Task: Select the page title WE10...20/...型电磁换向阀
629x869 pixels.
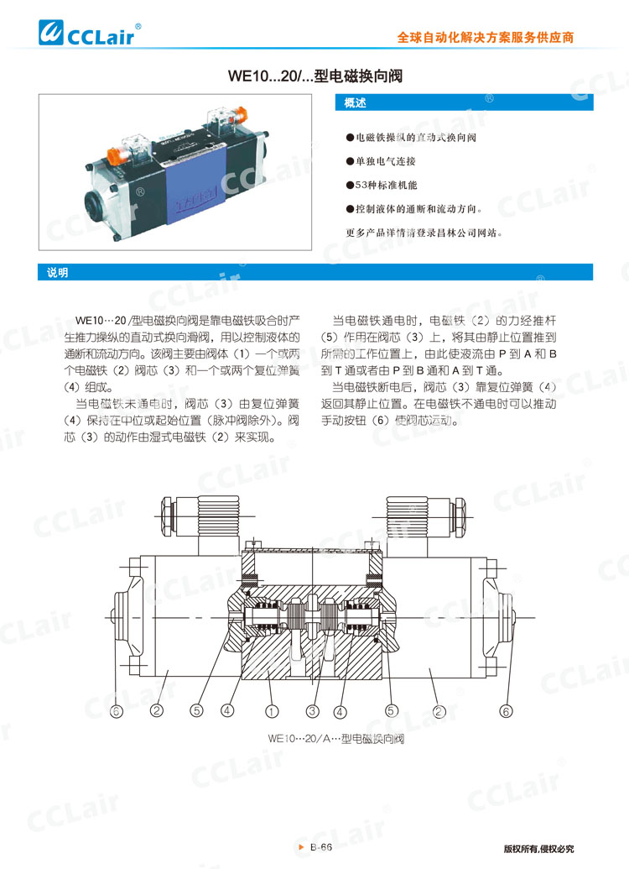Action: coord(314,76)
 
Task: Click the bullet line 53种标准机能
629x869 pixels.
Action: coord(386,184)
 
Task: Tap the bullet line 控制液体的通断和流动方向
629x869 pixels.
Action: coord(415,208)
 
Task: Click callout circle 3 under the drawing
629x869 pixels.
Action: coord(313,711)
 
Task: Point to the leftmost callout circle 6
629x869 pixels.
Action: coord(116,710)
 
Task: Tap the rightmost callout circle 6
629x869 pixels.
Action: coord(506,710)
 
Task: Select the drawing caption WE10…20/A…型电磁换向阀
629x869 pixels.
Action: coord(335,740)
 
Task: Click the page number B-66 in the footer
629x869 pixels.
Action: coord(322,848)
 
